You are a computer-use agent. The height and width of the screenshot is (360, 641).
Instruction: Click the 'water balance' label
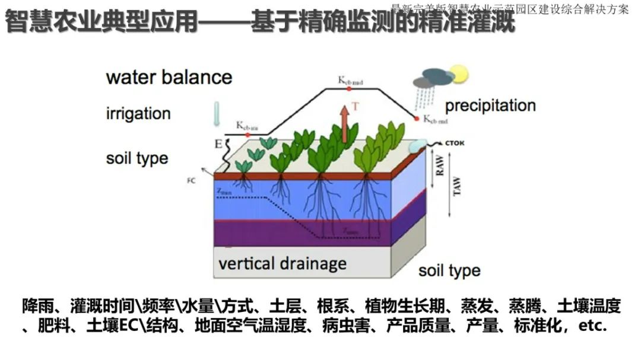[x=169, y=78]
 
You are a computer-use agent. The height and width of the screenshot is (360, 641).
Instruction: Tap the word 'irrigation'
[x=138, y=113]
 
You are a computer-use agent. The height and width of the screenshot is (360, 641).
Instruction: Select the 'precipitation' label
[x=490, y=106]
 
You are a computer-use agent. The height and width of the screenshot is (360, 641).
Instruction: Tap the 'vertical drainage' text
[x=282, y=263]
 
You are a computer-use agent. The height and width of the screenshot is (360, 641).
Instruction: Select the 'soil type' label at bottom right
[x=449, y=271]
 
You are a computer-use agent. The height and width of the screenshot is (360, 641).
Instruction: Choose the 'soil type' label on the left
[x=137, y=158]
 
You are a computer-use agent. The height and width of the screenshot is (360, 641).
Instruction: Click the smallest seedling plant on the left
[x=244, y=165]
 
